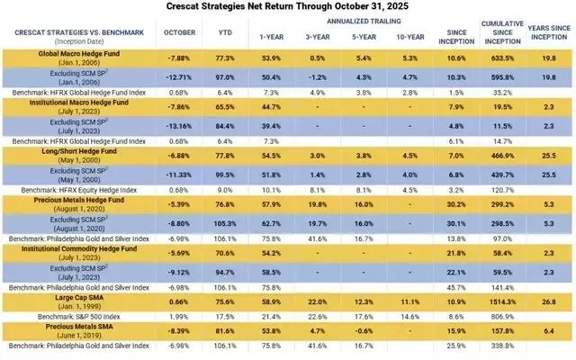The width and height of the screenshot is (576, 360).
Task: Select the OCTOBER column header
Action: [x=175, y=34]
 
